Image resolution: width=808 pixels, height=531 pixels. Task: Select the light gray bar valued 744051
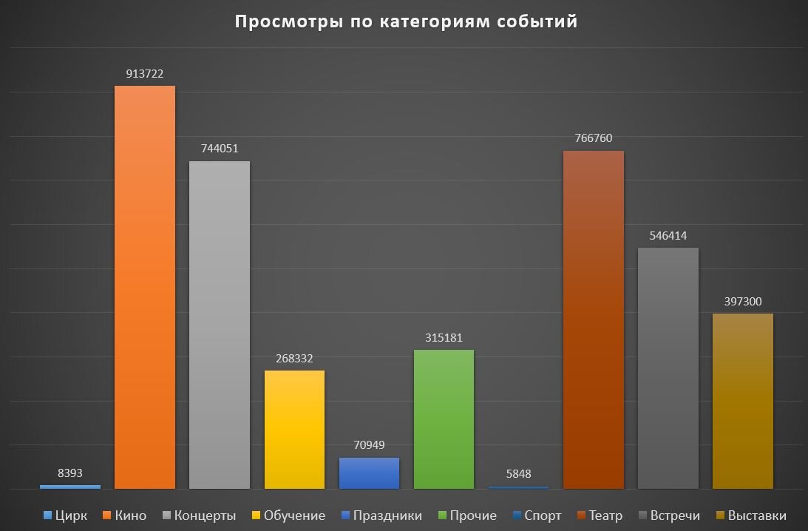pos(219,325)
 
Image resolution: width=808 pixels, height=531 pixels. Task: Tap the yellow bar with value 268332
pos(294,429)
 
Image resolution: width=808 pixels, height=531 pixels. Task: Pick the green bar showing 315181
pos(444,419)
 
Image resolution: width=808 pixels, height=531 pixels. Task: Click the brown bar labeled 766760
pos(593,319)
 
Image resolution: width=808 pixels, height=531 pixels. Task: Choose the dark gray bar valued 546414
pos(668,368)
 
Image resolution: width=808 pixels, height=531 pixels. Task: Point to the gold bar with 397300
pos(742,401)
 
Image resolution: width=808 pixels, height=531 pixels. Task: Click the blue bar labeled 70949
pos(369,473)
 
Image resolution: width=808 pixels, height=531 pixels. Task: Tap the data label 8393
pos(70,473)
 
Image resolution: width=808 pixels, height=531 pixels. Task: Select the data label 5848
pos(518,474)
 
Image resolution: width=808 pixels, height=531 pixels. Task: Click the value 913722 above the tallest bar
pos(144,74)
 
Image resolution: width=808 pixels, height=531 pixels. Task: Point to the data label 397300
pos(742,302)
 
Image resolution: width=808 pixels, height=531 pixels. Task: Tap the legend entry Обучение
pos(288,515)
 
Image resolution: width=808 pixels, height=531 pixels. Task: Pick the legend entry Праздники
pos(381,515)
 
